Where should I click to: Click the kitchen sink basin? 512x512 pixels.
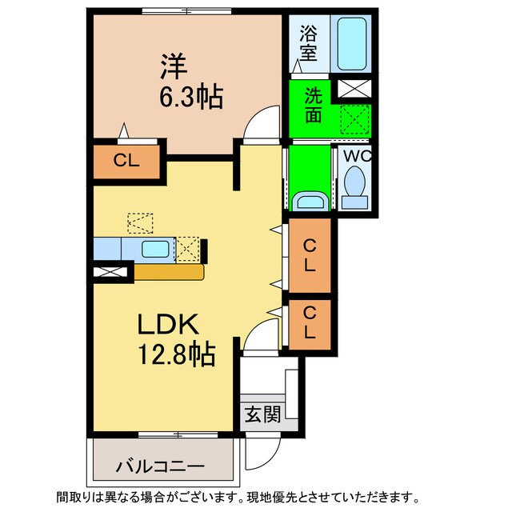[x=154, y=249]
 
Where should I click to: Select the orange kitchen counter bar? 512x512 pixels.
[x=169, y=272]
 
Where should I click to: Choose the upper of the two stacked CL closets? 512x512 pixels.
[x=308, y=255]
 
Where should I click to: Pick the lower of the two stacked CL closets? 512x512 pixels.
[x=308, y=323]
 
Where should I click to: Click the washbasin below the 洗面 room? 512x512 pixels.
[x=309, y=201]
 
